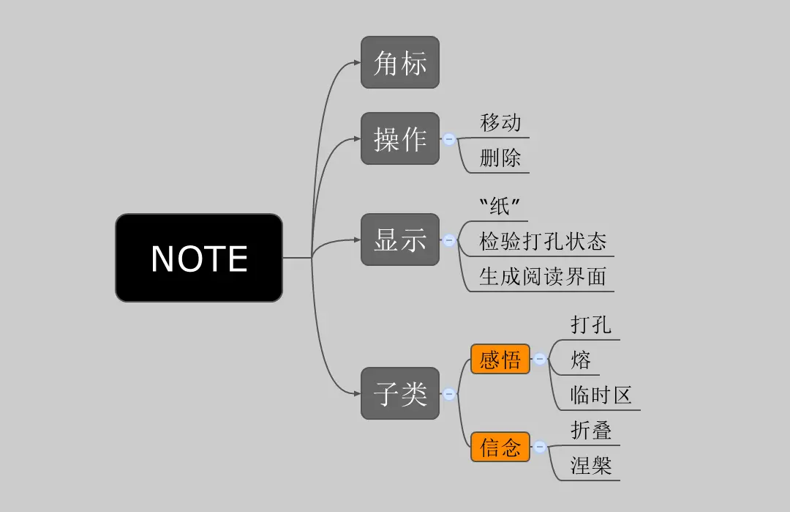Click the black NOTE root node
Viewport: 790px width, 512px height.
[199, 258]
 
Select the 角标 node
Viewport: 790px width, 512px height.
[400, 63]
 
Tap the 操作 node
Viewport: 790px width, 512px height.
[400, 138]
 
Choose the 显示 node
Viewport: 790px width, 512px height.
[400, 240]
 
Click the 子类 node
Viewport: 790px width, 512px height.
[400, 393]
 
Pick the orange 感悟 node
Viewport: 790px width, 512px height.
[500, 359]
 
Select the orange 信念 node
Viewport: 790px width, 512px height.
[500, 446]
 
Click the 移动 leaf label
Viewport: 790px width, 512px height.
[500, 122]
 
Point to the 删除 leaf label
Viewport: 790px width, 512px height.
[500, 157]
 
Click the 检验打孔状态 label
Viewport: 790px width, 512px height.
[543, 241]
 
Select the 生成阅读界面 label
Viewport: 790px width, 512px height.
[543, 276]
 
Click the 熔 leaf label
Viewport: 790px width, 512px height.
[581, 360]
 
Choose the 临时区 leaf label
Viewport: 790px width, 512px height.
[601, 395]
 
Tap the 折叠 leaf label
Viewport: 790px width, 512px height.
[591, 430]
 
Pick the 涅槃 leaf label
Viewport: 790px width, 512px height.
[591, 465]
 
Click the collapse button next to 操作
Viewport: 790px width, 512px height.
[449, 138]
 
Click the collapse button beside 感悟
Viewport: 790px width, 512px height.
[540, 359]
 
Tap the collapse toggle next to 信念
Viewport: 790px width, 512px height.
[540, 446]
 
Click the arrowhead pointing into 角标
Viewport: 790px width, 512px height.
[357, 63]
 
